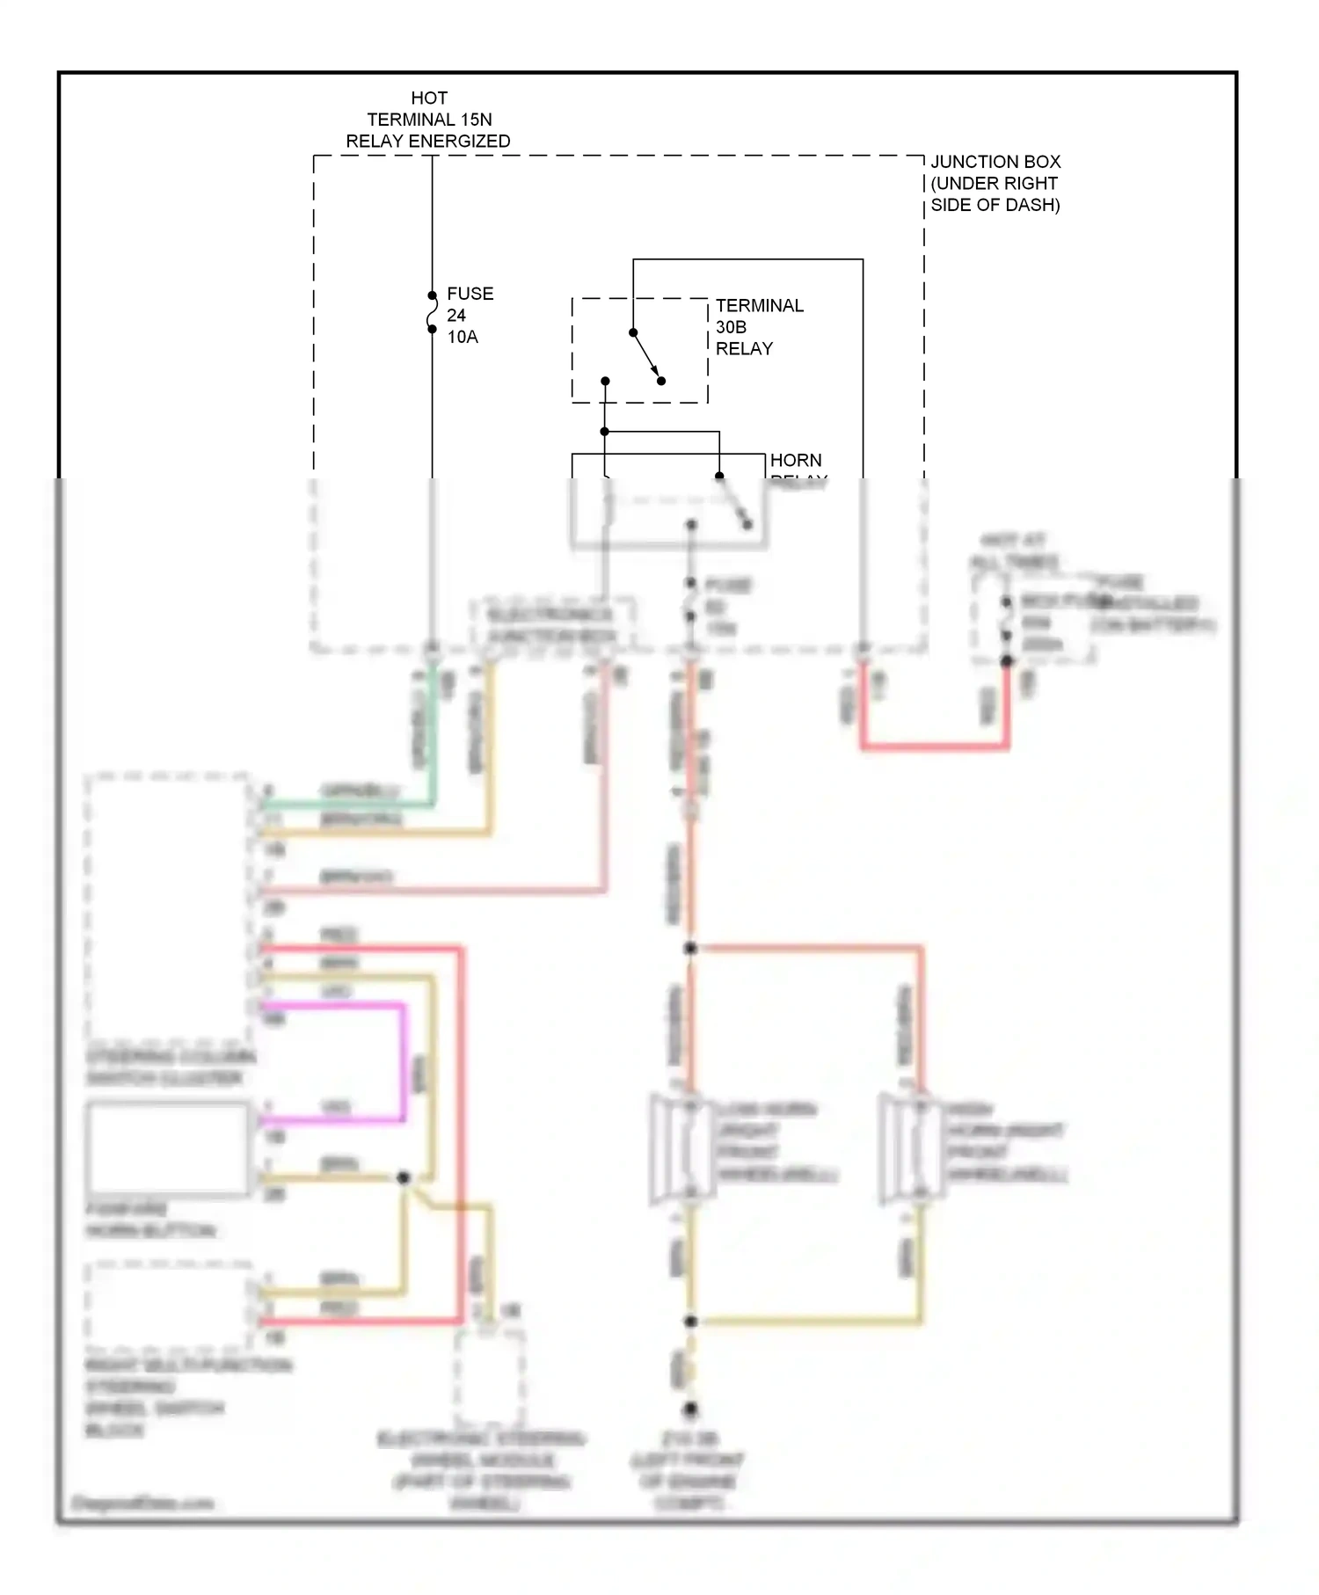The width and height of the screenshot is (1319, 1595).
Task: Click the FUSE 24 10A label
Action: (469, 315)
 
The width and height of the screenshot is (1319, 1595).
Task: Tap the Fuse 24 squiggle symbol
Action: (432, 313)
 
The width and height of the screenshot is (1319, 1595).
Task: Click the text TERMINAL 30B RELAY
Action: (758, 327)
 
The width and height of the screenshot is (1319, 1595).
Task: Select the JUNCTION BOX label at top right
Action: (995, 183)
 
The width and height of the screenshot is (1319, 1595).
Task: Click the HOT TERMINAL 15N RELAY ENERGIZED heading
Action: (428, 120)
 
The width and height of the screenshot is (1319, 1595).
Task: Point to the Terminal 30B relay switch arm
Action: (646, 356)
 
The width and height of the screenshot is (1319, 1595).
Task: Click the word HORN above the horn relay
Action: (795, 460)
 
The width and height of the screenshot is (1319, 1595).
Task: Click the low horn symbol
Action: (682, 1147)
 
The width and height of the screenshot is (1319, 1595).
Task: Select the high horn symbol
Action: (912, 1147)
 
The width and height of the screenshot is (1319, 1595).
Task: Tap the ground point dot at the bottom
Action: (690, 1409)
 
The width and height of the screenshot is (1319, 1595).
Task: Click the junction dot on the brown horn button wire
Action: (403, 1177)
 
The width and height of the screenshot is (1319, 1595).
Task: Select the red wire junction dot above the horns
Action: (690, 948)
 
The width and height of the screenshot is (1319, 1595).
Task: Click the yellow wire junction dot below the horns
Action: (690, 1321)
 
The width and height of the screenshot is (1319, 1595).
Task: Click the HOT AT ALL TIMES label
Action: (1013, 551)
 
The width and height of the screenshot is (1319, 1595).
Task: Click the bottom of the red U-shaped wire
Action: (934, 747)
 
